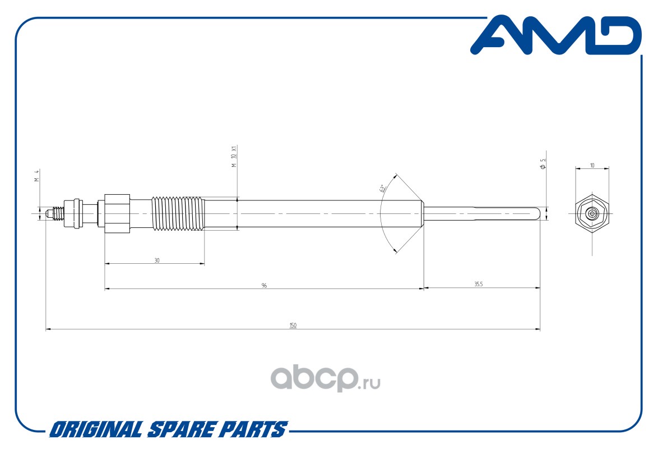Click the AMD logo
pos(555,36)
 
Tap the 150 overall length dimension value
pos(293,326)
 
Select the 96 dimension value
pos(264,285)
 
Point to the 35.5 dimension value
pos(478,285)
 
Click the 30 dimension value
pos(157,260)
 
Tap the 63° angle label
pos(383,189)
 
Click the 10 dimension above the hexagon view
pos(592,166)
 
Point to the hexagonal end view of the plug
pos(592,214)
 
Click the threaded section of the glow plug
pos(177,213)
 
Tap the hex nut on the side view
pos(117,213)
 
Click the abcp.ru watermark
pos(326,379)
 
